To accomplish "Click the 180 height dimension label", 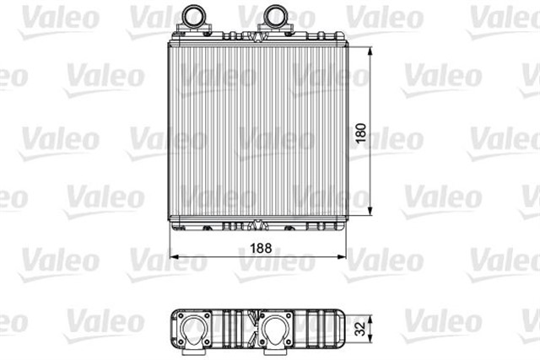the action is [x=360, y=133].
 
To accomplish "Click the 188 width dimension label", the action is [x=261, y=248].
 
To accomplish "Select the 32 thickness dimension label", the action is [x=360, y=328].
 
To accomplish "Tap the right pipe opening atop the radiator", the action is [x=275, y=16].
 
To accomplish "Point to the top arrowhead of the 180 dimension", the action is [x=370, y=52].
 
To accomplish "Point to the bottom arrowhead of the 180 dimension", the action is [x=370, y=211].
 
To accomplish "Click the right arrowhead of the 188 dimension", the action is [x=341, y=256].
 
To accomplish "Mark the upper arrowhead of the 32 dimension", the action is [x=370, y=320].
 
